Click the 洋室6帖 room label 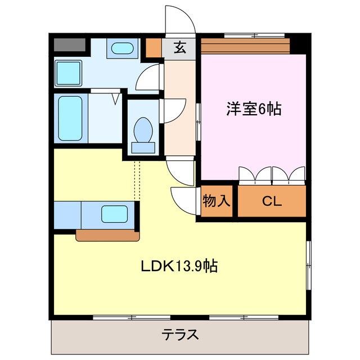pos(253,109)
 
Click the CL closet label pos(272,201)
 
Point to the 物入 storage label pos(216,201)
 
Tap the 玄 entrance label pos(179,48)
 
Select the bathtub pos(70,119)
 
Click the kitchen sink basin pos(114,214)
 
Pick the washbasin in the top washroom pos(121,48)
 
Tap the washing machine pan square pos(69,72)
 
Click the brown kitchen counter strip pos(107,235)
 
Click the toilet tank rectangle pos(142,148)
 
